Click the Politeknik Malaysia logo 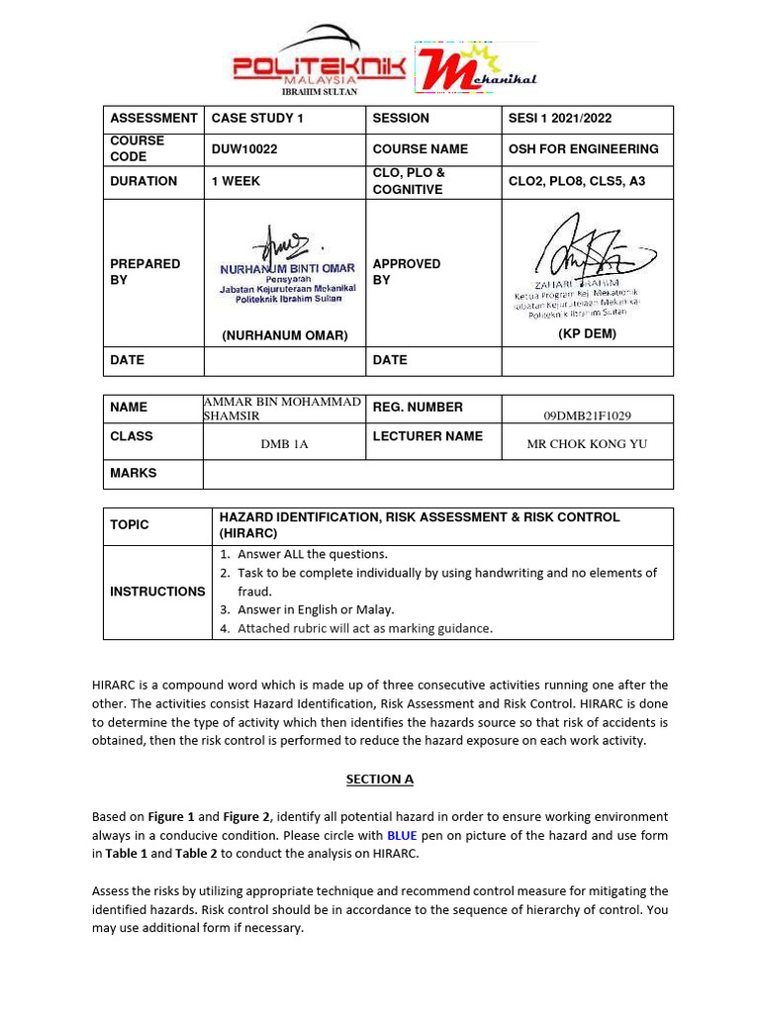pyautogui.click(x=319, y=61)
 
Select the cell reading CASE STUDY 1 pyautogui.click(x=251, y=118)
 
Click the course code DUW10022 pyautogui.click(x=244, y=149)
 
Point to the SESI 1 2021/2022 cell pyautogui.click(x=560, y=118)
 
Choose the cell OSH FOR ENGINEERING pyautogui.click(x=583, y=149)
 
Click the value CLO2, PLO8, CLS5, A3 pyautogui.click(x=576, y=181)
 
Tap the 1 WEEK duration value pyautogui.click(x=236, y=181)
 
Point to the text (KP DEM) pyautogui.click(x=587, y=334)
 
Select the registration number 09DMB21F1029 pyautogui.click(x=587, y=416)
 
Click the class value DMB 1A pyautogui.click(x=284, y=444)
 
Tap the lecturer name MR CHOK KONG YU pyautogui.click(x=587, y=444)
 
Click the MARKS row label pyautogui.click(x=134, y=473)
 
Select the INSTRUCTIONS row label pyautogui.click(x=157, y=592)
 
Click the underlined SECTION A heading pyautogui.click(x=379, y=779)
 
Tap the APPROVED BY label pyautogui.click(x=407, y=272)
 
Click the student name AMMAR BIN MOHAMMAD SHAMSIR pyautogui.click(x=282, y=408)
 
